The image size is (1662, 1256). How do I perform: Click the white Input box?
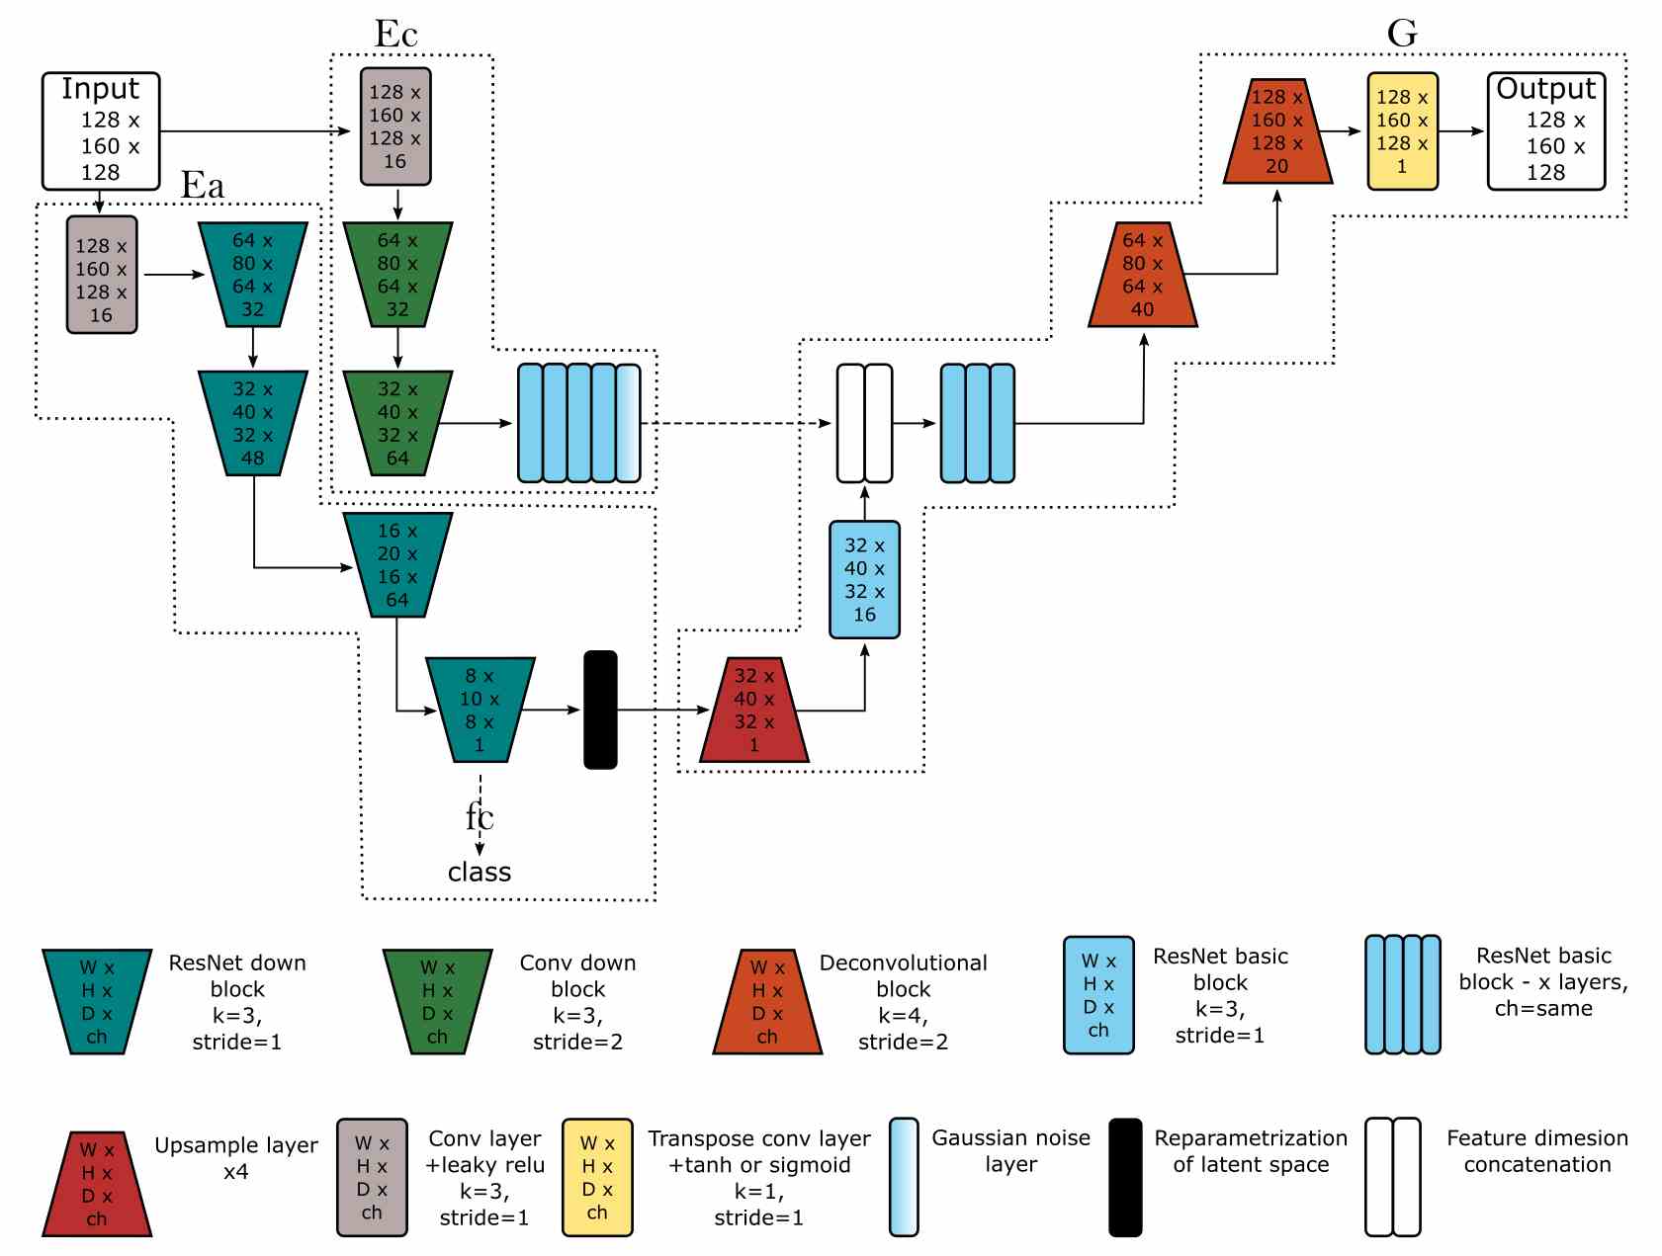pyautogui.click(x=100, y=130)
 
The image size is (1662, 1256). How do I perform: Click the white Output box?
pyautogui.click(x=1545, y=130)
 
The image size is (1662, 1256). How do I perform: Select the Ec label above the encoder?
pyautogui.click(x=395, y=35)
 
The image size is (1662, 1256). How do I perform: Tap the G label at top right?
pyautogui.click(x=1401, y=33)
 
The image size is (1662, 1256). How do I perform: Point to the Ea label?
pyautogui.click(x=203, y=186)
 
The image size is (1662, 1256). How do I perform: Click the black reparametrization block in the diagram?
pyautogui.click(x=600, y=710)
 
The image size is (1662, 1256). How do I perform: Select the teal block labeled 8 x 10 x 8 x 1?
pyautogui.click(x=480, y=710)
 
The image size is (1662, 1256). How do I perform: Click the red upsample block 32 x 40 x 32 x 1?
pyautogui.click(x=753, y=710)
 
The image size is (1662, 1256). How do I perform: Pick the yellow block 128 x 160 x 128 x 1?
pyautogui.click(x=1401, y=130)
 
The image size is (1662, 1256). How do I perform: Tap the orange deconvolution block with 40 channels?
pyautogui.click(x=1142, y=275)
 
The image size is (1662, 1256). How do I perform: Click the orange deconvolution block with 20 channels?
pyautogui.click(x=1276, y=130)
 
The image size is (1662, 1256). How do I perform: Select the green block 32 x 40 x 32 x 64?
pyautogui.click(x=396, y=423)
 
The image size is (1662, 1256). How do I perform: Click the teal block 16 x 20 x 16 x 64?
pyautogui.click(x=396, y=564)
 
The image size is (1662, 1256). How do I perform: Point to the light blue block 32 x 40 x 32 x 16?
pyautogui.click(x=864, y=579)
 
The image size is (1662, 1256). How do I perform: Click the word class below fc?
pyautogui.click(x=479, y=872)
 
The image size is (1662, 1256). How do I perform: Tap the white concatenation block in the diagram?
pyautogui.click(x=864, y=423)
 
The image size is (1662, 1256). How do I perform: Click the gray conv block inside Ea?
pyautogui.click(x=101, y=275)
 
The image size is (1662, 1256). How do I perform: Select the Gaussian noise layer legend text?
pyautogui.click(x=1010, y=1151)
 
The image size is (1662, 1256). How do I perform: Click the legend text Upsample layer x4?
pyautogui.click(x=236, y=1158)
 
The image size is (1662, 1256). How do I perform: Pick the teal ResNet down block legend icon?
pyautogui.click(x=96, y=1001)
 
